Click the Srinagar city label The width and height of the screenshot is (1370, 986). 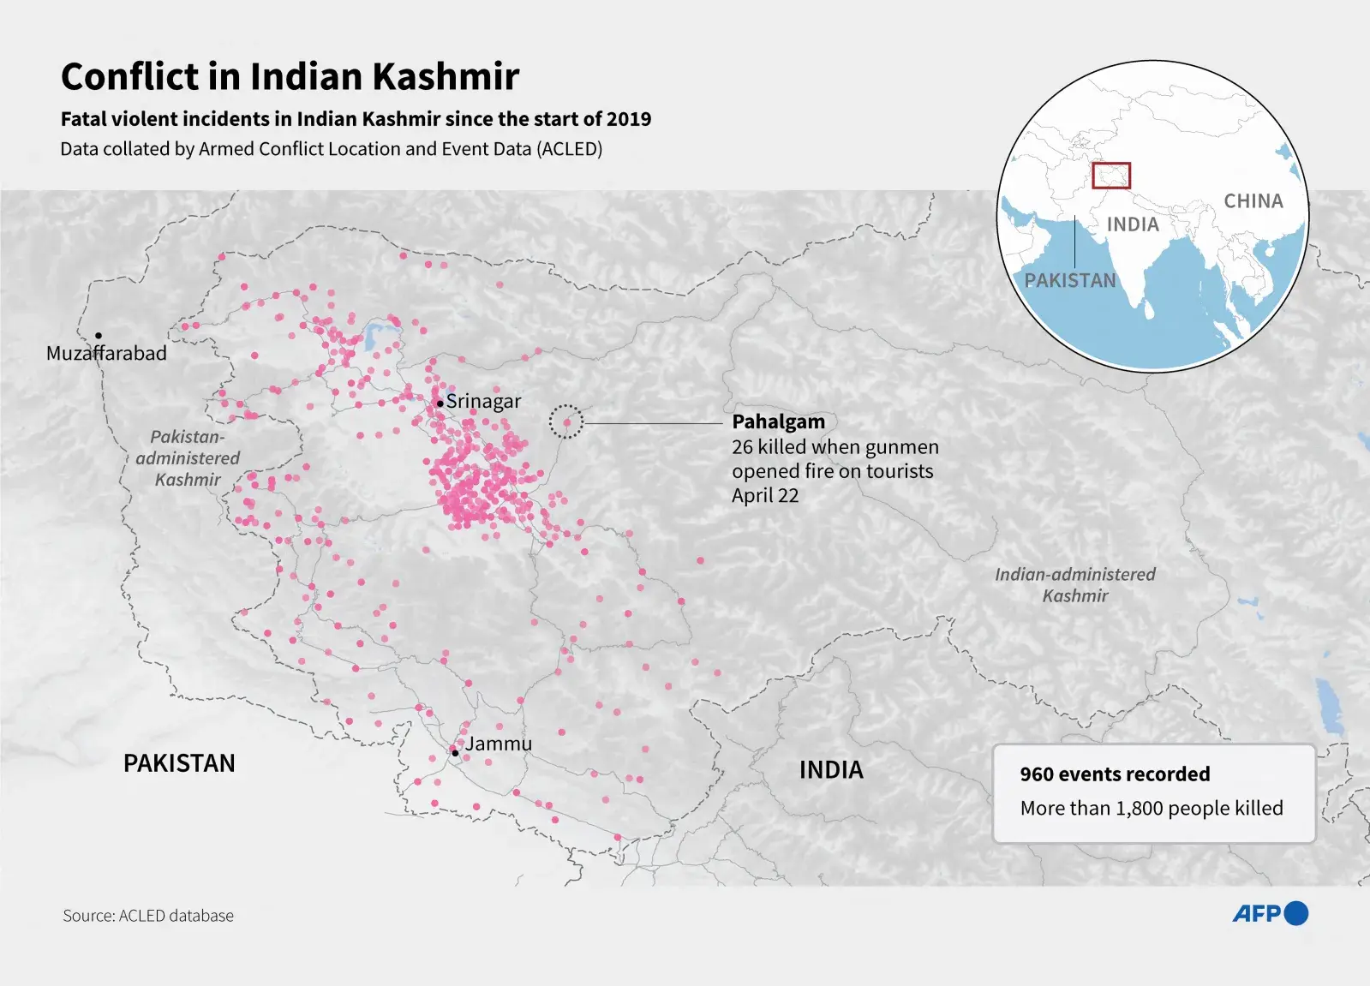click(483, 401)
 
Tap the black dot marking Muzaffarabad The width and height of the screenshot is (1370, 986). click(99, 335)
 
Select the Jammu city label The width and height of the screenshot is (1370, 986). click(498, 744)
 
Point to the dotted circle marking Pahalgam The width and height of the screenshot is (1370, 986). click(566, 421)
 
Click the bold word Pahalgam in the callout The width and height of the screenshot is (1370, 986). click(778, 421)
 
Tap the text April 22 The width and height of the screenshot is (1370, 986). click(764, 495)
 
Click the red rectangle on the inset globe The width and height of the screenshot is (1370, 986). click(1111, 176)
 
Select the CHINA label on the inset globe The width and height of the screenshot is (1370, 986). click(1253, 201)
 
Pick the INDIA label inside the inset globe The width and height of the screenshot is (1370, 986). click(1132, 224)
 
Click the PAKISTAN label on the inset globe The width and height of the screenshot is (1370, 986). click(1070, 281)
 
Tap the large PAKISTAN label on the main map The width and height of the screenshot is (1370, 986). click(179, 763)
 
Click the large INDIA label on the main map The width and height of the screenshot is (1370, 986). click(830, 770)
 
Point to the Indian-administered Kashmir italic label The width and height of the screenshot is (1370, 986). click(1074, 585)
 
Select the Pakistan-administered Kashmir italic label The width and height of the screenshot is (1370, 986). click(188, 458)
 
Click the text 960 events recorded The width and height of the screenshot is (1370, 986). click(1115, 774)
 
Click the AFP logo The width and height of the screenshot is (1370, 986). click(1270, 914)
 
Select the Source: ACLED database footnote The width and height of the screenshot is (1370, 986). click(147, 916)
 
